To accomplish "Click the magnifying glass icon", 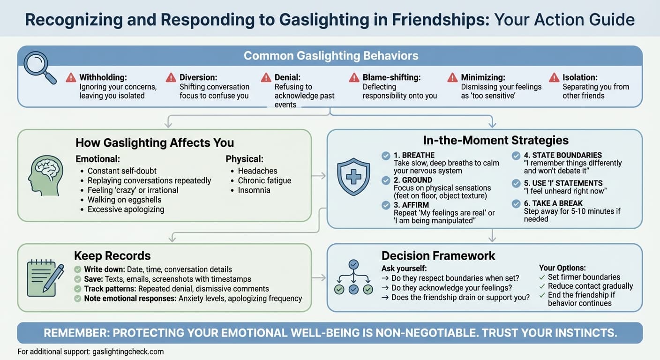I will pyautogui.click(x=39, y=70).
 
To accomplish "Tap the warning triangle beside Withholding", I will pyautogui.click(x=71, y=77).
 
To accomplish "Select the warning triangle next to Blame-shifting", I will pyautogui.click(x=354, y=77).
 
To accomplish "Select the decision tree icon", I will pyautogui.click(x=354, y=277).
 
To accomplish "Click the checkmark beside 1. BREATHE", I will pyautogui.click(x=386, y=155).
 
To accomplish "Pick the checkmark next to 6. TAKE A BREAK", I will pyautogui.click(x=516, y=203).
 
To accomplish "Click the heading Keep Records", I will pyautogui.click(x=112, y=256).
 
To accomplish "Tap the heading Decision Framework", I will pyautogui.click(x=438, y=256).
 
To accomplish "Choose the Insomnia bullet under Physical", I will pyautogui.click(x=254, y=190).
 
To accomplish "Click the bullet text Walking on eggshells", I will pyautogui.click(x=124, y=200).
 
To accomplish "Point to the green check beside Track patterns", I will pyautogui.click(x=78, y=289).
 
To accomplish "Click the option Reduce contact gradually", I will pyautogui.click(x=590, y=286).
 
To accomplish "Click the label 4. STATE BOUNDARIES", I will pyautogui.click(x=562, y=155).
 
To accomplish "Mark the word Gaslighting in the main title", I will pyautogui.click(x=322, y=20).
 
